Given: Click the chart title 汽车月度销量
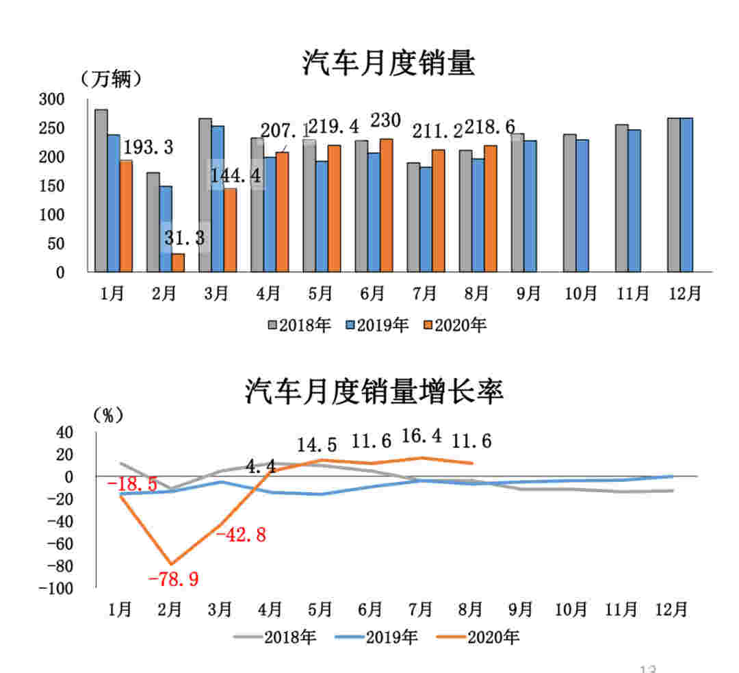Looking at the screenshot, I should tap(389, 64).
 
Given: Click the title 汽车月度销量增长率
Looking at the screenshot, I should tap(374, 392).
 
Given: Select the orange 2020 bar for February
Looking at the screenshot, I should tap(178, 262).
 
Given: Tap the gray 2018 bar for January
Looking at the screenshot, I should tap(101, 190).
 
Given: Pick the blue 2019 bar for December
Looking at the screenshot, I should tap(686, 194).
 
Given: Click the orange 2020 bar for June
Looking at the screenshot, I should tap(386, 205).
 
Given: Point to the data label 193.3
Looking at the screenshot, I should tap(147, 147).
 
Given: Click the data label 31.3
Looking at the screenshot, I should tap(184, 238).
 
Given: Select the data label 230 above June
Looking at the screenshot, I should tap(385, 120).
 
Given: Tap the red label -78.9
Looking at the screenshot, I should tap(173, 579).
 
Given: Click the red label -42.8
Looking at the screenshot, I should tap(240, 535).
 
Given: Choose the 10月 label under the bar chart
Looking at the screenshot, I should tap(579, 294).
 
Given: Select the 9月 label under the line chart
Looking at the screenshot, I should tap(521, 609).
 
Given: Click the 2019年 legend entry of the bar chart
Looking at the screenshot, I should tap(377, 325).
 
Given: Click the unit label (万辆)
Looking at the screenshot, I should tap(112, 79).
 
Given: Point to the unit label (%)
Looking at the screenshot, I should tap(108, 415).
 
